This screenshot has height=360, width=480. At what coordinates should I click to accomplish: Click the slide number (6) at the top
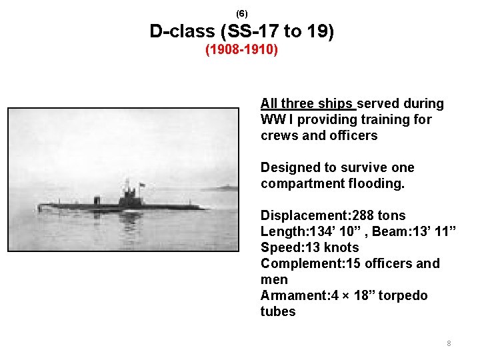click(x=241, y=13)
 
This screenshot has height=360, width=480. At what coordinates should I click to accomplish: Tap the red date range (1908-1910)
click(x=241, y=50)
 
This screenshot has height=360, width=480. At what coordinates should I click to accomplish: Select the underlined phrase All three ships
click(x=308, y=103)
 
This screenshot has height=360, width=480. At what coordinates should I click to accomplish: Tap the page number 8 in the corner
click(x=449, y=344)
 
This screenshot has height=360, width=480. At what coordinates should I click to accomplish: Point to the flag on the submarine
click(x=141, y=184)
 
